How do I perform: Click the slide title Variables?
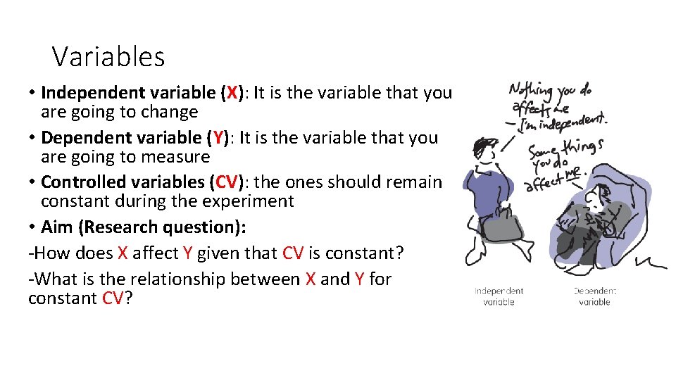(x=108, y=57)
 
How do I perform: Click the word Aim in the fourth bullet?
(x=56, y=227)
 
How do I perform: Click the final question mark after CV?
(x=129, y=298)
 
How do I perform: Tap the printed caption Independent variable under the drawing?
(x=499, y=296)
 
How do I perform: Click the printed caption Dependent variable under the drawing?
(x=594, y=296)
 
